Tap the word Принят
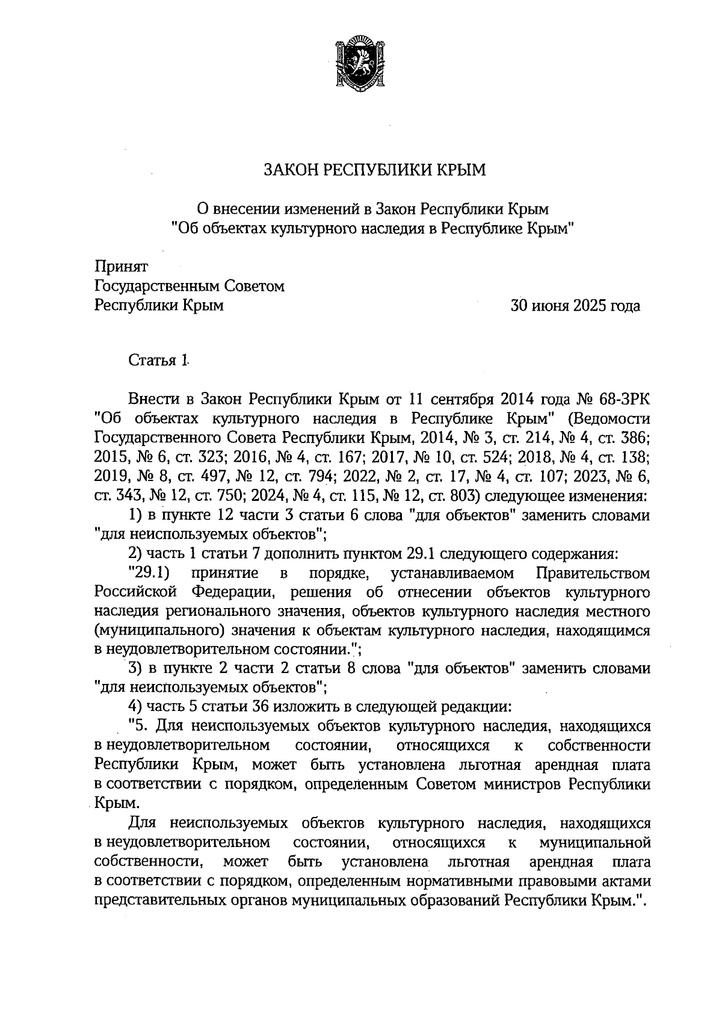121,265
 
